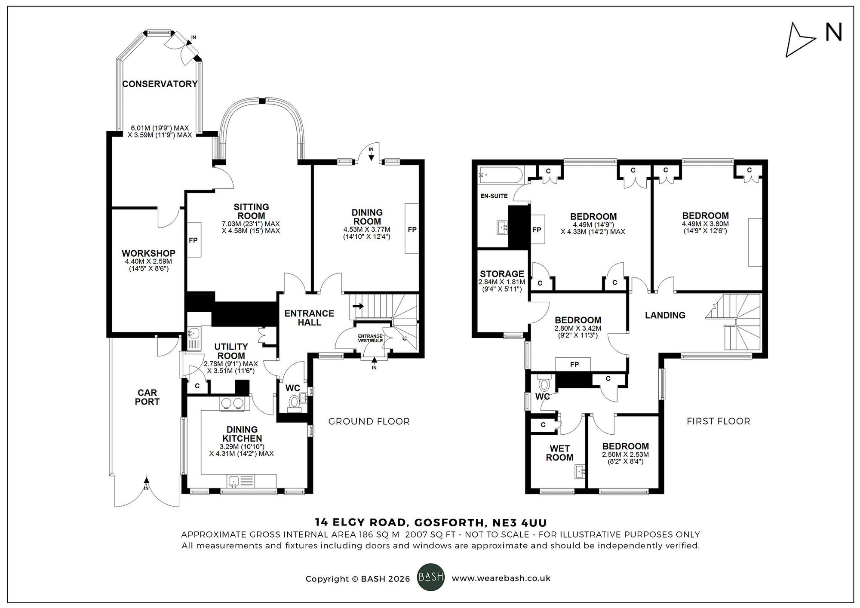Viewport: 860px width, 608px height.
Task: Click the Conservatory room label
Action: coord(160,84)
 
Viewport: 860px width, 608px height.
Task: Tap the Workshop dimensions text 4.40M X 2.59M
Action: coord(148,261)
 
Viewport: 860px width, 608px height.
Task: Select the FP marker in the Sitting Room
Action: coord(193,240)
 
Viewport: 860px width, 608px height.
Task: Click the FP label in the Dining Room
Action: coord(412,230)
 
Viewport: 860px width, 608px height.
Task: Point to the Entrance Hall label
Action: coord(309,318)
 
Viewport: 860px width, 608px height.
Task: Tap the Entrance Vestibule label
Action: coord(370,338)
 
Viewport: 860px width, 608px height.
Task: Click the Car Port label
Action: coord(147,397)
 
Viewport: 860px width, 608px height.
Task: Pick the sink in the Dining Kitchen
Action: coord(233,481)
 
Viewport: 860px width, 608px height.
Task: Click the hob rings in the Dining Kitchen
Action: coord(232,403)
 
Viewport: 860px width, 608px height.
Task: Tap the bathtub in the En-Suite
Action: coord(501,175)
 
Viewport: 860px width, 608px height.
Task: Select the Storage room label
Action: coord(502,274)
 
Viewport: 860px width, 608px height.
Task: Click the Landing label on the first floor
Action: coord(665,315)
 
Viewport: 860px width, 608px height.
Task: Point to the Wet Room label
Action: coord(559,453)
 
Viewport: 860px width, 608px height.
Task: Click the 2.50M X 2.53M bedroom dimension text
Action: coord(625,454)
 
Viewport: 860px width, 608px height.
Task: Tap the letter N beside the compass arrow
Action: coord(833,33)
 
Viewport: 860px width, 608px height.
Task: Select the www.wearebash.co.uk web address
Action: coord(501,578)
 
